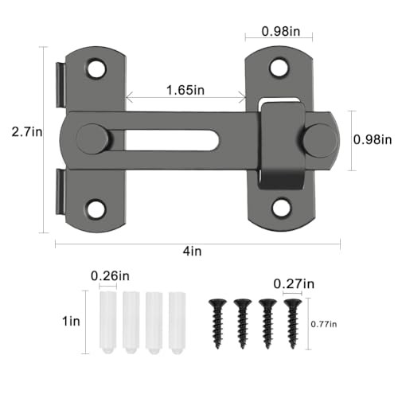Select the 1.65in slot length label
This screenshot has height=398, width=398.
pos(185,92)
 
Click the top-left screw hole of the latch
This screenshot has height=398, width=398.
pos(96,68)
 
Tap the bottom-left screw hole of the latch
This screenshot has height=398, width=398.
pos(96,209)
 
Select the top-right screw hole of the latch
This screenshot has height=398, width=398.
pos(279,67)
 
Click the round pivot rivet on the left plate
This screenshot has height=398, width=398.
pos(93,139)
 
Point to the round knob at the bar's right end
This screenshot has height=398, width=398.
pos(319,139)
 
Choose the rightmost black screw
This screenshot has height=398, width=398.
pos(291,322)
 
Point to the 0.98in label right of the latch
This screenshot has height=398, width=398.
pos(372,139)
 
